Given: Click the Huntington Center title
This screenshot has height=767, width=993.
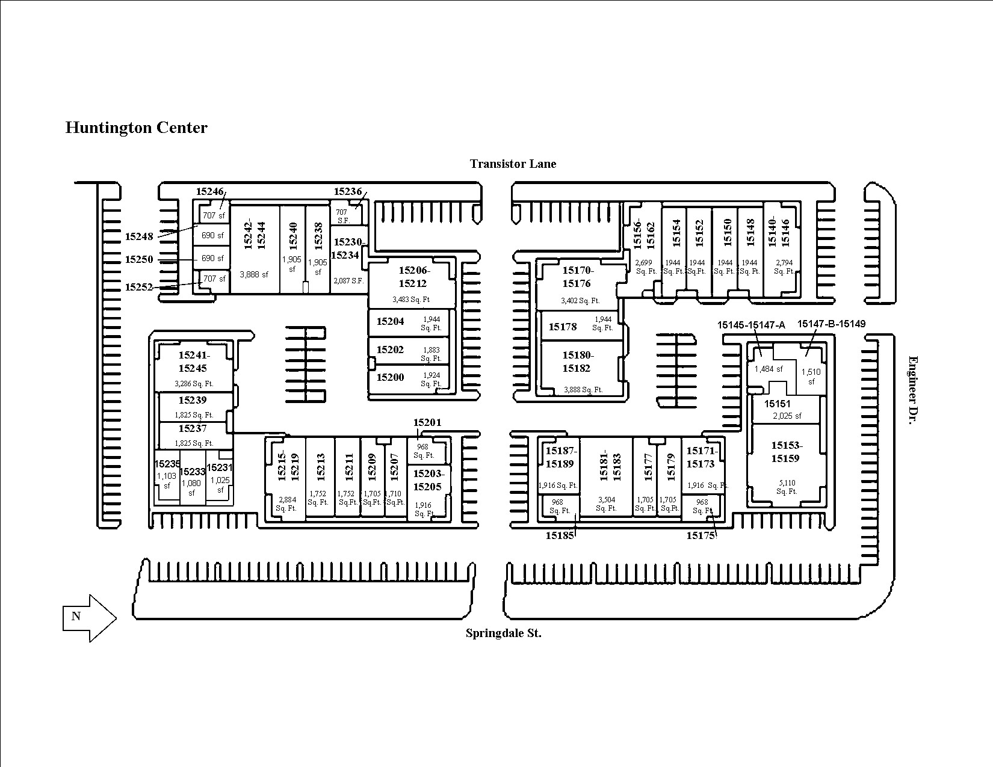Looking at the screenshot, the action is [x=136, y=128].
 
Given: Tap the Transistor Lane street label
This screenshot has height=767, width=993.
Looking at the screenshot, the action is [x=513, y=164].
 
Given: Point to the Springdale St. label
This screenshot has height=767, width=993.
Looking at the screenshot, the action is [x=504, y=633].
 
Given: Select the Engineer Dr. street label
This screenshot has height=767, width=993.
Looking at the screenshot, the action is [x=913, y=390].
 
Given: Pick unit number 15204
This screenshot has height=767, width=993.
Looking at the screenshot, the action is [x=390, y=321].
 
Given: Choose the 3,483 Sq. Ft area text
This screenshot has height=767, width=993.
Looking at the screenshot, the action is [x=411, y=300].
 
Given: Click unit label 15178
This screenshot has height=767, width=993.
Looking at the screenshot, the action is [x=563, y=327].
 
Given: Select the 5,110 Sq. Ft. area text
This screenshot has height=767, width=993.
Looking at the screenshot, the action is [x=787, y=487].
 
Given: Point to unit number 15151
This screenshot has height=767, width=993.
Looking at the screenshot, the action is [x=778, y=404].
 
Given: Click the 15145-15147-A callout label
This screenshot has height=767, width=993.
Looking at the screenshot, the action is [x=751, y=325].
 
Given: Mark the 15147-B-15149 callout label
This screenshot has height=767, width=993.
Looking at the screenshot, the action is [x=831, y=324].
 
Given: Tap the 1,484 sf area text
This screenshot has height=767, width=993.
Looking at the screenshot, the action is [x=769, y=369].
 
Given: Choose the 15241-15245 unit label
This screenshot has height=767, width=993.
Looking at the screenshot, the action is [x=193, y=362].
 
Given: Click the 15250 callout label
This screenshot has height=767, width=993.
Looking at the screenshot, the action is [x=139, y=259].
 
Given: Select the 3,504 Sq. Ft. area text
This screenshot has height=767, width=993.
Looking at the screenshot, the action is [x=607, y=504].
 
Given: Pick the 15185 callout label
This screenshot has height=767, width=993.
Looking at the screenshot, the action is [x=560, y=535].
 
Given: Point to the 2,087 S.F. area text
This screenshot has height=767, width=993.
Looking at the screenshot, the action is [x=348, y=281].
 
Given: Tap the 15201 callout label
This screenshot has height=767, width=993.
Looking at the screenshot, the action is [x=427, y=422].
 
